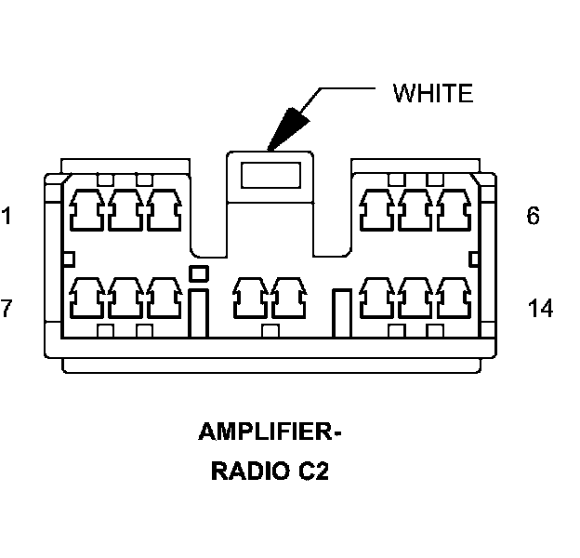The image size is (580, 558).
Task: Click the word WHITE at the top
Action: pos(432,93)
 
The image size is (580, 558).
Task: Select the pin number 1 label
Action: pos(7,217)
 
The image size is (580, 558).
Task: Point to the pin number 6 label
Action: pos(533,216)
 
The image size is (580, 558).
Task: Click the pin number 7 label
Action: pos(7,308)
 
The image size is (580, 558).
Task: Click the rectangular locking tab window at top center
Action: pos(270,175)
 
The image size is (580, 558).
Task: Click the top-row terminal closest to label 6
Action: pos(455,210)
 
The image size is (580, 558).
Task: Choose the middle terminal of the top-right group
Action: pos(415,210)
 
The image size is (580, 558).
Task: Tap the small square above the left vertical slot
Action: pos(197,272)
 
